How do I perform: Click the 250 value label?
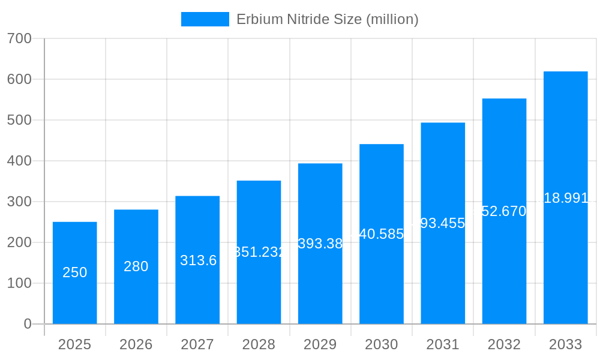click(x=75, y=272)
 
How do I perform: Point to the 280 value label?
click(x=136, y=266)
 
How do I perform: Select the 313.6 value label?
click(x=198, y=260)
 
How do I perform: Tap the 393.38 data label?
click(x=320, y=244)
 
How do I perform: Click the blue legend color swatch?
click(x=205, y=19)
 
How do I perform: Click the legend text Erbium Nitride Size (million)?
click(x=327, y=19)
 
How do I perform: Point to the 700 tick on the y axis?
click(x=19, y=38)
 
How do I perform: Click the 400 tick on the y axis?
click(x=19, y=161)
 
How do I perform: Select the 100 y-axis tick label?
click(x=19, y=283)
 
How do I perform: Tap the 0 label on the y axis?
click(x=28, y=324)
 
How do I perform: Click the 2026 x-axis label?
click(x=136, y=344)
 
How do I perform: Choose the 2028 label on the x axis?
click(x=259, y=344)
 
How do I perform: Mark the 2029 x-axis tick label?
click(x=320, y=344)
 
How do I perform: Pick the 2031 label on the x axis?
click(x=443, y=344)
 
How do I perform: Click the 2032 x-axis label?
click(x=504, y=344)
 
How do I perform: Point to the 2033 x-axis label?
click(x=566, y=344)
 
